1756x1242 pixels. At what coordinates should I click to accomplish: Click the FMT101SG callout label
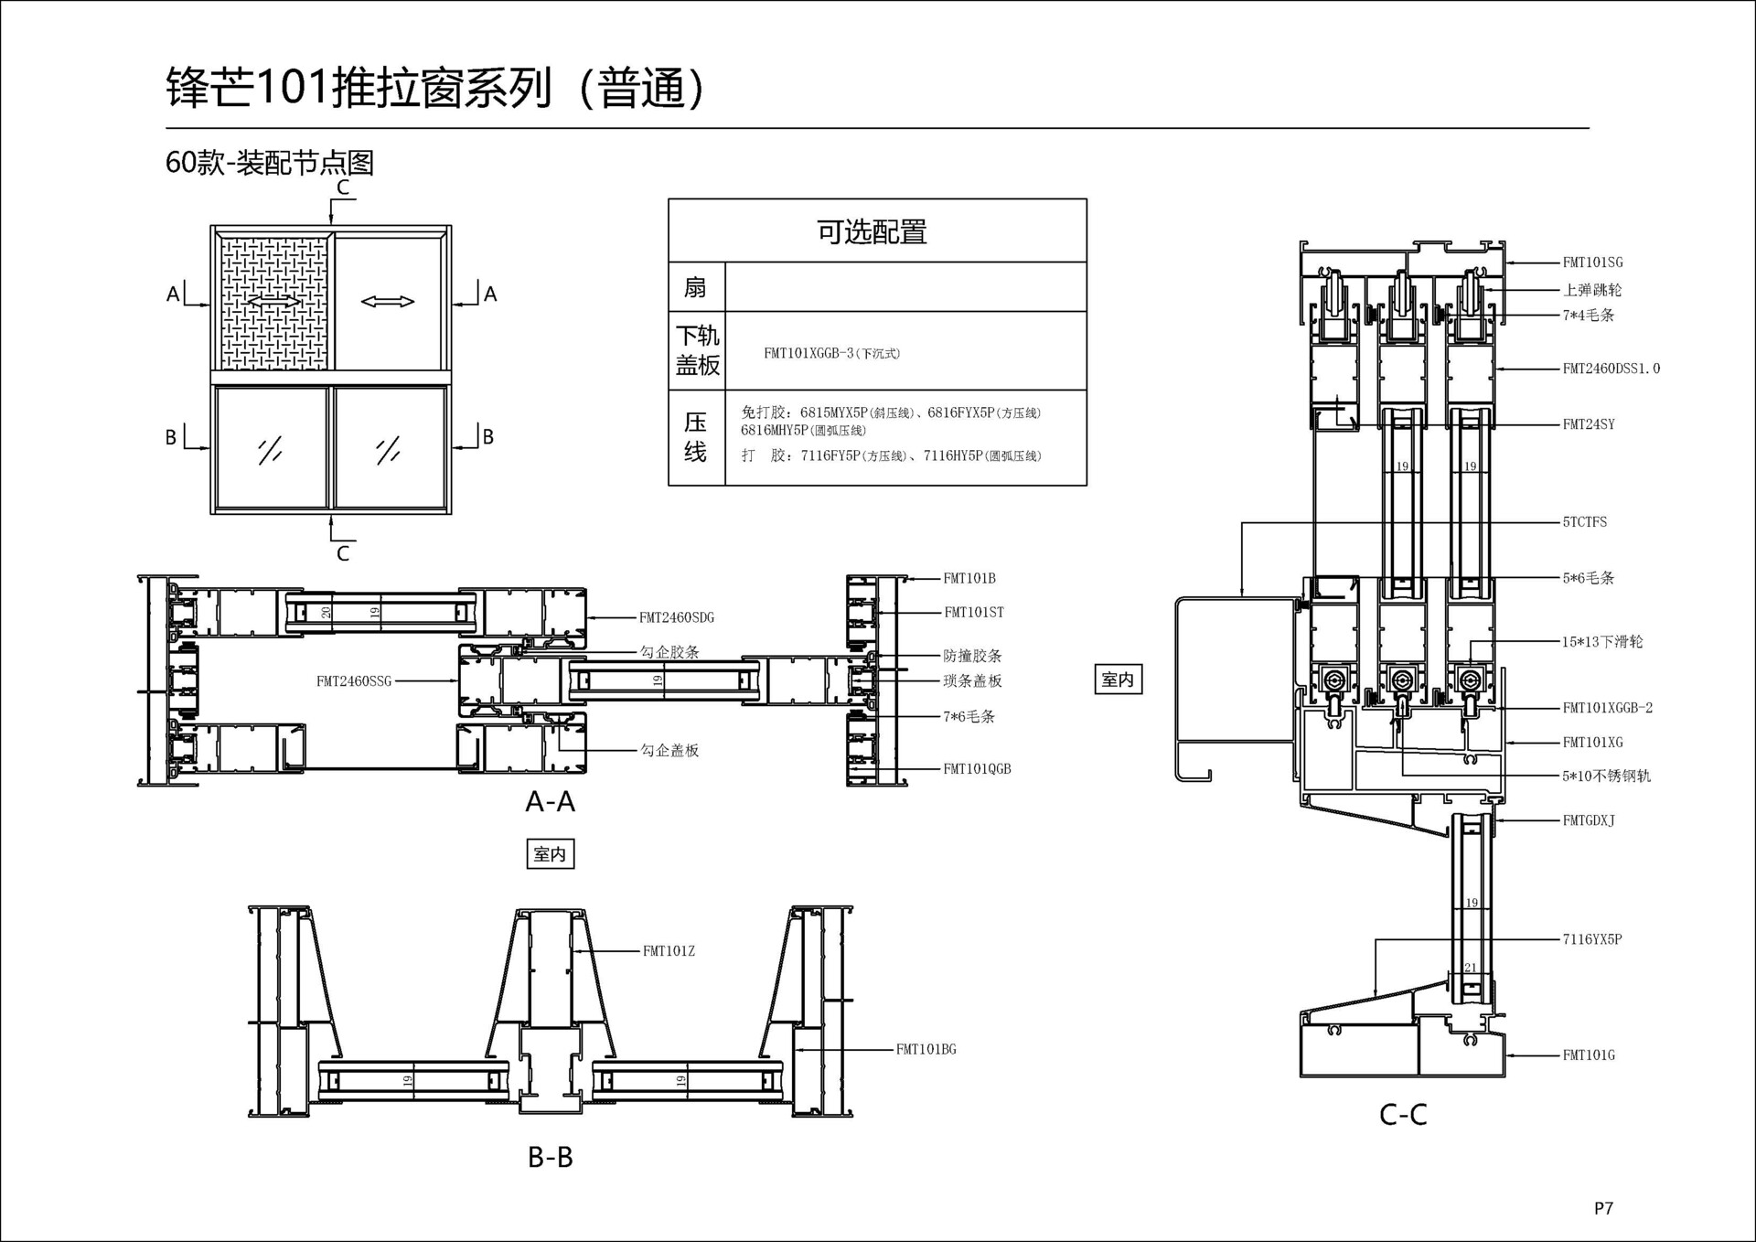(1592, 262)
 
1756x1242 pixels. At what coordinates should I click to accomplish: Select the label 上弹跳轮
(1592, 290)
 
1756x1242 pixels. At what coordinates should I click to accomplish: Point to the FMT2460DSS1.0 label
(1611, 369)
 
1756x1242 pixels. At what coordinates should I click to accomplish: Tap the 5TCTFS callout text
(1584, 522)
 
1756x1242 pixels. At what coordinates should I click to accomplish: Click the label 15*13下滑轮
(1601, 642)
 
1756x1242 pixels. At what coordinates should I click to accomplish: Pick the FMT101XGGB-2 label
(1607, 708)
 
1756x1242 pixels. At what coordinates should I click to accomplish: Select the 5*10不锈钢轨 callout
(1606, 776)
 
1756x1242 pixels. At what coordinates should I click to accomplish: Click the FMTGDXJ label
(1589, 820)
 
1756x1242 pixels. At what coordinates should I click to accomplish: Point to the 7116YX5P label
(1591, 939)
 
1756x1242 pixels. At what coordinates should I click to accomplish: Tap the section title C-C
(1403, 1114)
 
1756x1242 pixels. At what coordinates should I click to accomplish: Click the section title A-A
(550, 802)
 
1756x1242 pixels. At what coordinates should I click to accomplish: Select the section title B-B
(550, 1157)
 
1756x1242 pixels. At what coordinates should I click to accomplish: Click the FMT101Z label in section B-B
(669, 951)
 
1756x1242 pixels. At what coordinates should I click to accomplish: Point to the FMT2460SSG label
(354, 681)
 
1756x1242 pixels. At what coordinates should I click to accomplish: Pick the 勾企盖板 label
(669, 751)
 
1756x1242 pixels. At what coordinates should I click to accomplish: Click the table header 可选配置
(872, 232)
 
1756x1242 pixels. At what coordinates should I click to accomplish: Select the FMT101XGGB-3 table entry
(831, 353)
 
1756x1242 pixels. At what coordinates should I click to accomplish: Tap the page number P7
(1603, 1208)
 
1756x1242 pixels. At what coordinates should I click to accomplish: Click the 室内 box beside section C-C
(1118, 680)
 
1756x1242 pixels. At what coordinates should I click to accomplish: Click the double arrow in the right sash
(388, 302)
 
